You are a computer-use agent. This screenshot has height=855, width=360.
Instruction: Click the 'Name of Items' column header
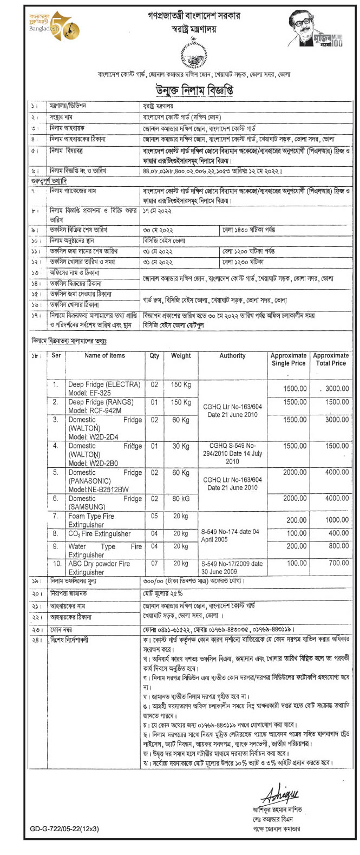pyautogui.click(x=104, y=356)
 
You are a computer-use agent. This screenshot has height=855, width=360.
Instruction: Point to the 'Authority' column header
pyautogui.click(x=232, y=356)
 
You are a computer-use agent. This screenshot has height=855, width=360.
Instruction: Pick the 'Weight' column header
pyautogui.click(x=181, y=356)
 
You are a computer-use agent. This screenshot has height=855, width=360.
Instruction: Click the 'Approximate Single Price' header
pyautogui.click(x=288, y=360)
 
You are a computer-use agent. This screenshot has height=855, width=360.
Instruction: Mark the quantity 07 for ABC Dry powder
pyautogui.click(x=154, y=564)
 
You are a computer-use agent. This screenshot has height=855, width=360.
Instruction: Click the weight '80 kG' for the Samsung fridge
pyautogui.click(x=181, y=498)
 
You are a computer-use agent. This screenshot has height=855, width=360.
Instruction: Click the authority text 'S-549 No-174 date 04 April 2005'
pyautogui.click(x=230, y=536)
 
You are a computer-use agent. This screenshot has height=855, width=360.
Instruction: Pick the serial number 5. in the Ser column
pyautogui.click(x=55, y=473)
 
